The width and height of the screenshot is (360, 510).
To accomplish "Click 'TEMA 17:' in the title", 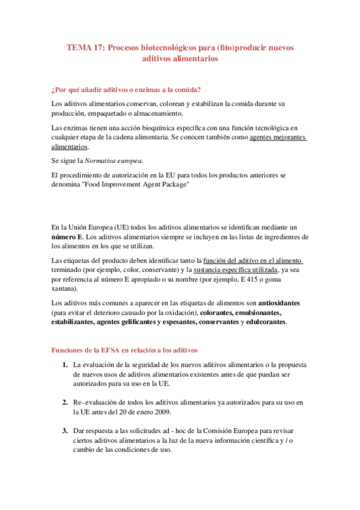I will [85, 48].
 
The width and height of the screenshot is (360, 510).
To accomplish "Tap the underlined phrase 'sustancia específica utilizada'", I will [235, 270].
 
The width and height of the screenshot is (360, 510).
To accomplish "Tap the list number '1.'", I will [64, 365].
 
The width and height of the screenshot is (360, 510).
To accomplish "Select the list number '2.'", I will [64, 401].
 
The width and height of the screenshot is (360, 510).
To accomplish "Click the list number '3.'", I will [64, 431].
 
